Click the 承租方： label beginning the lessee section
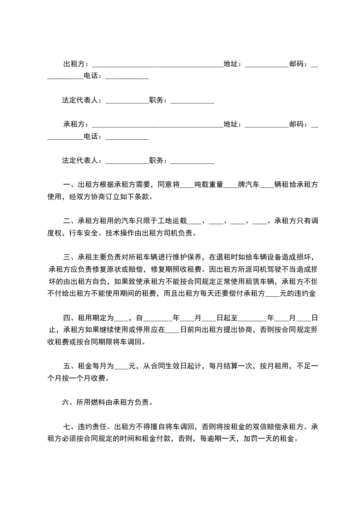point(77,124)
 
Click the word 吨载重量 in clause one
point(209,185)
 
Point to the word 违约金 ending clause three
point(306,293)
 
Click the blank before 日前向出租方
point(173,329)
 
